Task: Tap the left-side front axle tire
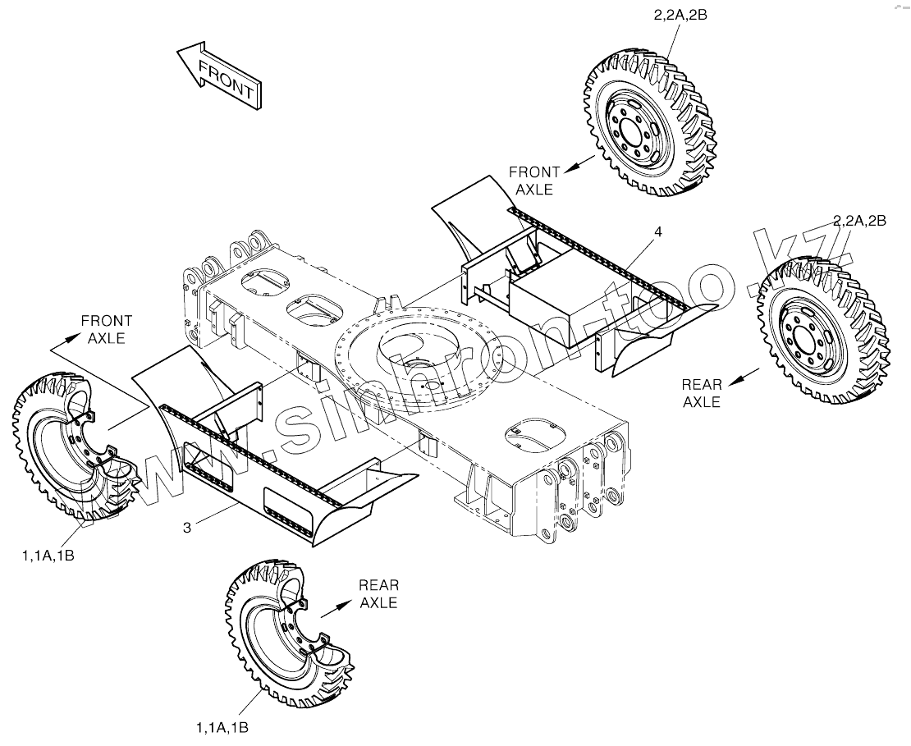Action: pyautogui.click(x=70, y=447)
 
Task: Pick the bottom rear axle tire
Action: pyautogui.click(x=287, y=632)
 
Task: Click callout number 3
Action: pyautogui.click(x=187, y=528)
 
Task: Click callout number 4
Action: pyautogui.click(x=657, y=232)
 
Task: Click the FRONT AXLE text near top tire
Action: pyautogui.click(x=534, y=181)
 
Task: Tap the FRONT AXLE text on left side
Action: pyautogui.click(x=105, y=329)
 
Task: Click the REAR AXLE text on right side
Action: pyautogui.click(x=702, y=393)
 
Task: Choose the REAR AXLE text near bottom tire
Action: pyautogui.click(x=378, y=594)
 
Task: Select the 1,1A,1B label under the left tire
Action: pyautogui.click(x=48, y=556)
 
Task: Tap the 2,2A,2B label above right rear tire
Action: pyautogui.click(x=859, y=220)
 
